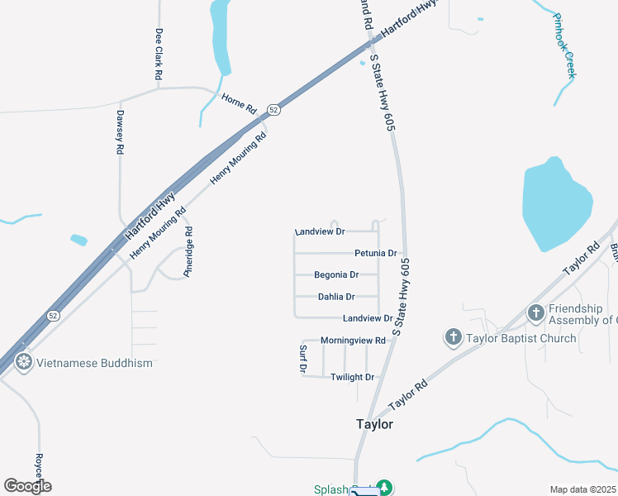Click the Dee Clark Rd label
click(x=159, y=54)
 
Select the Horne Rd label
click(x=240, y=103)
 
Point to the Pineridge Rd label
click(x=188, y=251)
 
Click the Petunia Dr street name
click(x=376, y=253)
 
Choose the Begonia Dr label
click(x=336, y=274)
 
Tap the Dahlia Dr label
click(x=336, y=296)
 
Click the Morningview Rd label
click(x=353, y=340)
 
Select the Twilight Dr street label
click(x=353, y=377)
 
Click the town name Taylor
click(x=374, y=424)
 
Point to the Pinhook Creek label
click(x=563, y=46)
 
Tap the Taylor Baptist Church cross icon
click(x=453, y=337)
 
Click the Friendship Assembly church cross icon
click(x=536, y=313)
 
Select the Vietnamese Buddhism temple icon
click(x=23, y=362)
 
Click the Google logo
click(x=27, y=486)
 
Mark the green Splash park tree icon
click(x=383, y=488)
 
